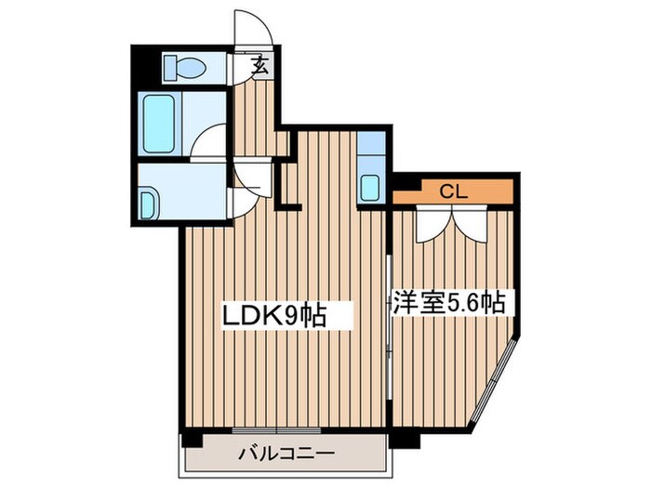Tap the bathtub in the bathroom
pyautogui.click(x=159, y=123)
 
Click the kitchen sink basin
pyautogui.click(x=370, y=186)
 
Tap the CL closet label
pyautogui.click(x=452, y=193)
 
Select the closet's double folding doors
pyautogui.click(x=451, y=223)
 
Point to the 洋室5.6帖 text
pyautogui.click(x=448, y=303)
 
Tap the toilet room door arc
pyautogui.click(x=238, y=70)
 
